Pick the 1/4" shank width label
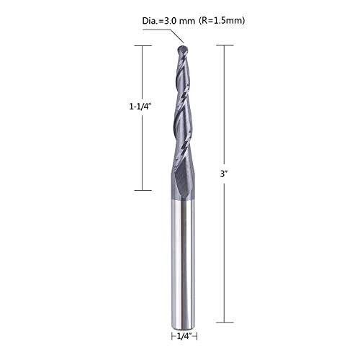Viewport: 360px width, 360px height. (x=184, y=336)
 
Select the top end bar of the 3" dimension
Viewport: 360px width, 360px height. (x=225, y=45)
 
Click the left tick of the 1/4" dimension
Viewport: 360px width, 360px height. (x=171, y=336)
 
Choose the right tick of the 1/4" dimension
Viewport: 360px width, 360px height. (x=197, y=336)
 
